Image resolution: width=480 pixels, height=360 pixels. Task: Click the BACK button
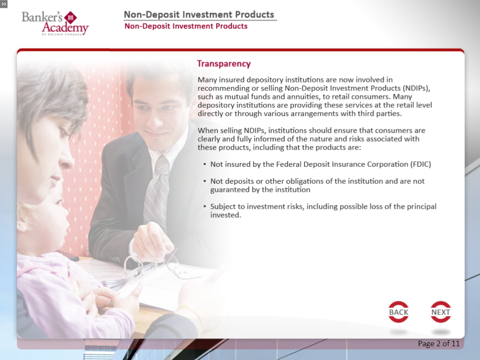point(398,312)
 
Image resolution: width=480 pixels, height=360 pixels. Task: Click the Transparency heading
point(224,64)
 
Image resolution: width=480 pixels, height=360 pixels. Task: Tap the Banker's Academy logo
point(55,23)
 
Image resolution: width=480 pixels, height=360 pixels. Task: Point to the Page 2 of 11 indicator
point(439,344)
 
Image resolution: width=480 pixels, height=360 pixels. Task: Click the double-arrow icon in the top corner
point(4,4)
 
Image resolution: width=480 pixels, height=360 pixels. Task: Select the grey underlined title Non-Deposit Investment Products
point(199,15)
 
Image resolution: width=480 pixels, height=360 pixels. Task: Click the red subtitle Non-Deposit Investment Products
point(186,26)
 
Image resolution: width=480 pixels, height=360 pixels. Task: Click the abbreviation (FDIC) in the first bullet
point(421,164)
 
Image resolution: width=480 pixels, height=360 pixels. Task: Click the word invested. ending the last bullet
point(226,215)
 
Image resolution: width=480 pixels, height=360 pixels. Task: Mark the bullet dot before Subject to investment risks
point(204,206)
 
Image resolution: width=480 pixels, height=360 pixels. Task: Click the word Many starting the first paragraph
point(207,80)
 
